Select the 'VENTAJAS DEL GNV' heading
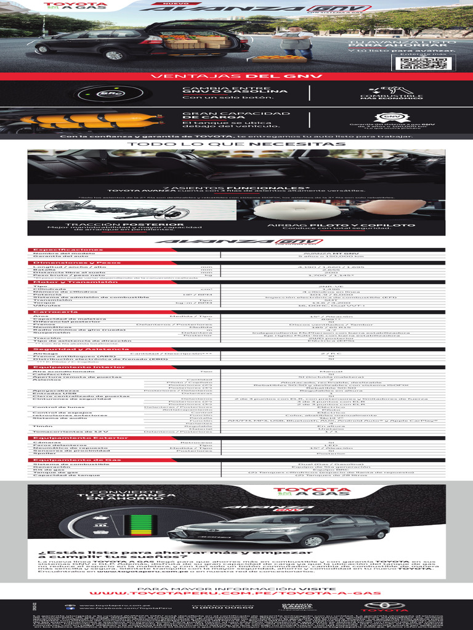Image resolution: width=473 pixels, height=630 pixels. point(237,76)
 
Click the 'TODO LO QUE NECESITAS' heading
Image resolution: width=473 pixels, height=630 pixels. point(236,144)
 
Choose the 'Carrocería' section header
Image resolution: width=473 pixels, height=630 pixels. point(55,312)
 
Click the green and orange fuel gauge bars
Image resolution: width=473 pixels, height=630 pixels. point(135,525)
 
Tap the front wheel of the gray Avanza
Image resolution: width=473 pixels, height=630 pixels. point(312,541)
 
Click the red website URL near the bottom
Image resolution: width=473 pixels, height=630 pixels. point(236,593)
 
